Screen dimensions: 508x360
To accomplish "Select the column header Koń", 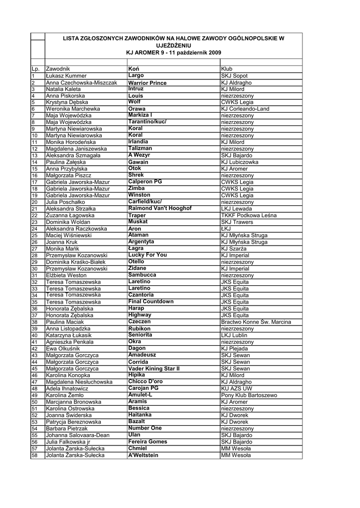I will (134, 68).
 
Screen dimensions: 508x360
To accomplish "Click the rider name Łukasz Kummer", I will (66, 75).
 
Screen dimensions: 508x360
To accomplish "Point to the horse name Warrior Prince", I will (147, 83).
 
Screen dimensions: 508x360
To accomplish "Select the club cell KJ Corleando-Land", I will (245, 109).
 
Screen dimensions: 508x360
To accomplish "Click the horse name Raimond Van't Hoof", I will (160, 208).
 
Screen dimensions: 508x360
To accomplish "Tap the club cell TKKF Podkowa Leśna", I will (249, 215).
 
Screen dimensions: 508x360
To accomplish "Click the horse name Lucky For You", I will (147, 255).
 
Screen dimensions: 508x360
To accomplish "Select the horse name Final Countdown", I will (151, 302).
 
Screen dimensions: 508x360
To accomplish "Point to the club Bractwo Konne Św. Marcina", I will (256, 322).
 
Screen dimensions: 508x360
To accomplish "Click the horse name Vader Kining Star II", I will (154, 369).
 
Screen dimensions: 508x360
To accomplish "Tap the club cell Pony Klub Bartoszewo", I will (249, 395).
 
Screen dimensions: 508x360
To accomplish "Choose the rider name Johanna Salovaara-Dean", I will (77, 435).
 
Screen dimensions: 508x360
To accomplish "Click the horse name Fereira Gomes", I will (148, 442).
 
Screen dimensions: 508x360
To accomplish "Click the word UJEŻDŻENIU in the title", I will (174, 45).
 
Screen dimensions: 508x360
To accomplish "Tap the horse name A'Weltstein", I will (143, 455).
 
